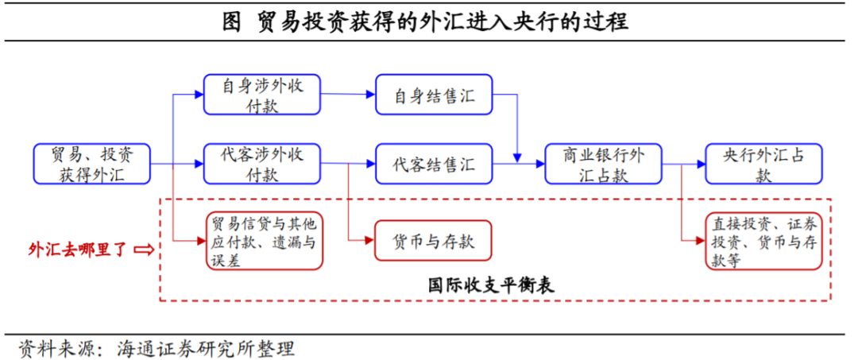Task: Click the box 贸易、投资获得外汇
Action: pos(91,165)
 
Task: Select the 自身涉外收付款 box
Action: pos(261,95)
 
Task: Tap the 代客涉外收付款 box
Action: pos(261,165)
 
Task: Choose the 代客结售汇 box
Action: pos(434,165)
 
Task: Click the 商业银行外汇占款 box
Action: pos(605,165)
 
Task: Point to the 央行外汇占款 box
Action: pos(763,165)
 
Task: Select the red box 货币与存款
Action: pos(434,239)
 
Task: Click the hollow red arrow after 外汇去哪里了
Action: pos(145,250)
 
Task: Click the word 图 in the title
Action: pos(231,21)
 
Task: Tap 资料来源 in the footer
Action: pos(56,348)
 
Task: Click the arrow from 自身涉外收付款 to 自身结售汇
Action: pos(348,95)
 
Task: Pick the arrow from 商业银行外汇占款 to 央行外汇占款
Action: pos(684,165)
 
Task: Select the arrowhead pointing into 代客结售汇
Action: pos(370,165)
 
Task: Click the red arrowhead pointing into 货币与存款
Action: pos(370,239)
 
